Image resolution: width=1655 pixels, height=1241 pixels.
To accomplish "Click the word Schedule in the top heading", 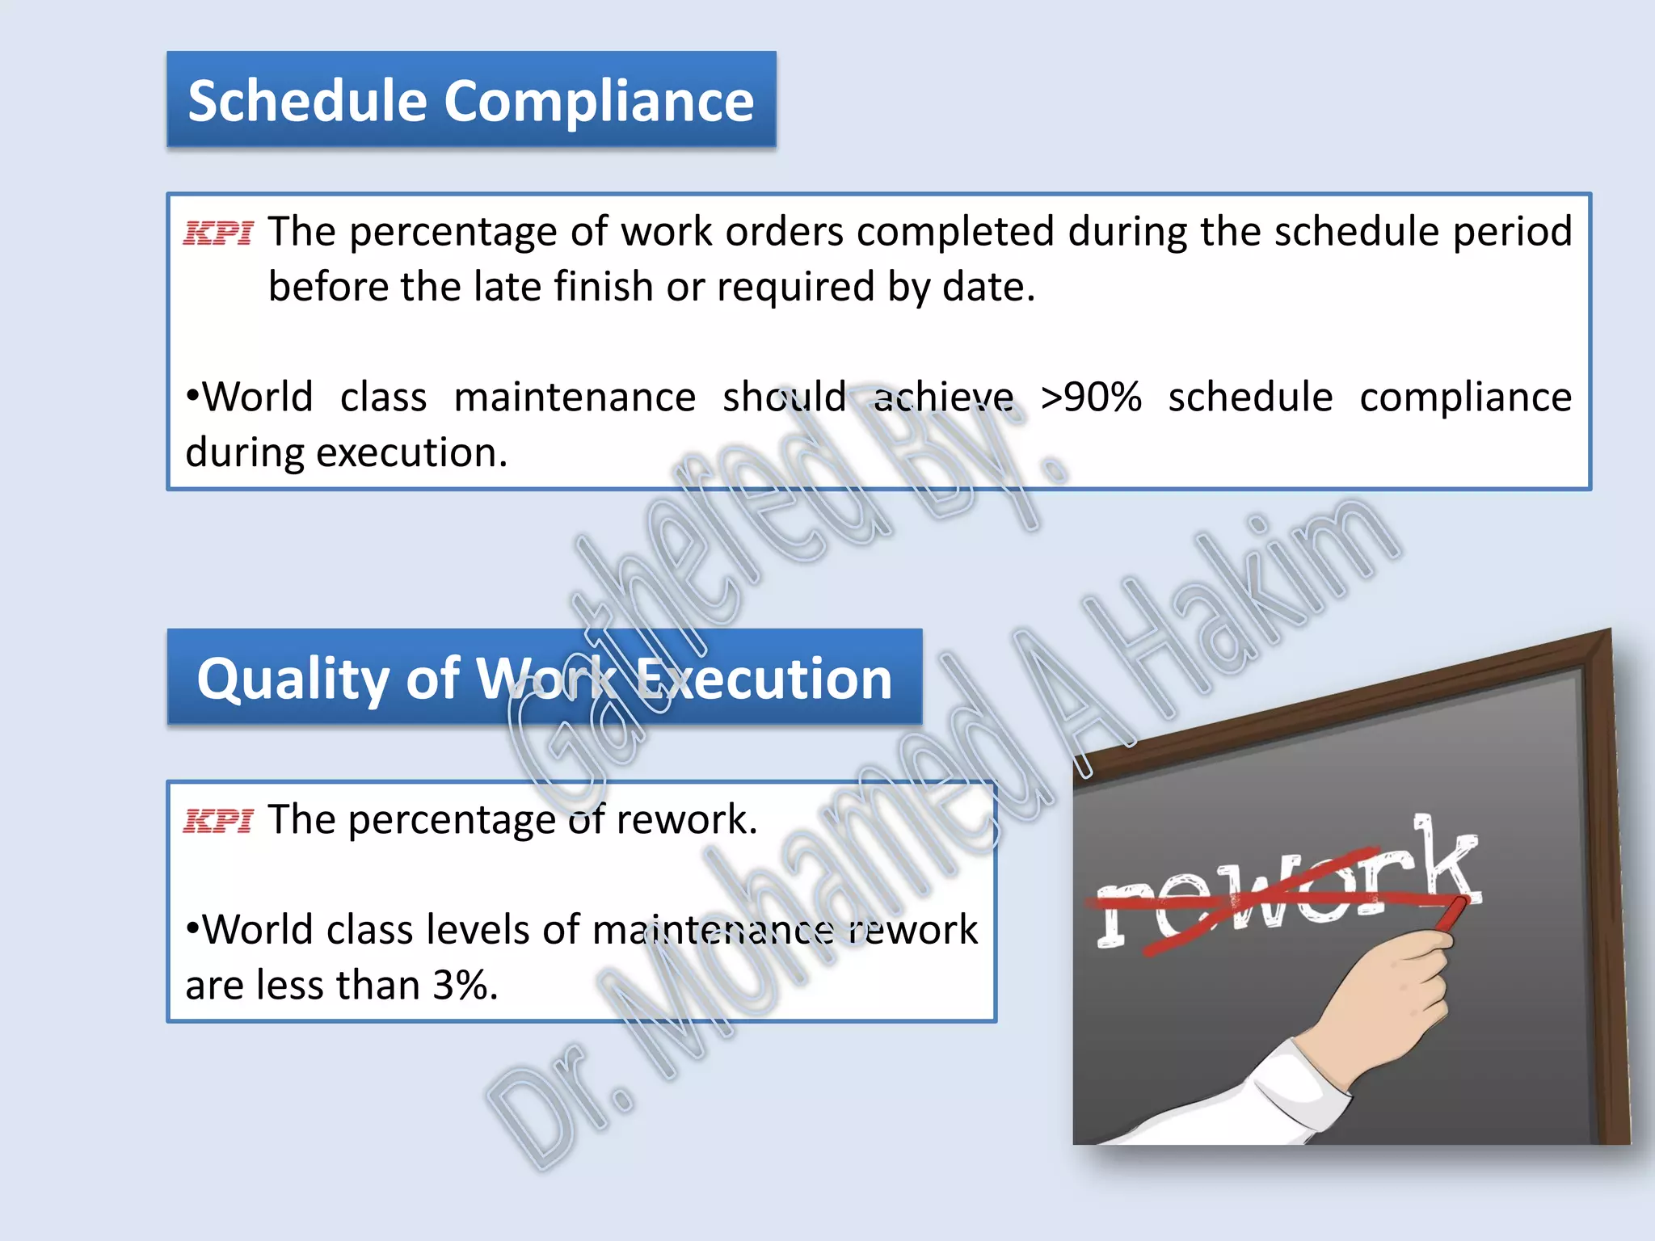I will (307, 101).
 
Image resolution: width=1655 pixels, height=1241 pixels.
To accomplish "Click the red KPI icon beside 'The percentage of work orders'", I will (218, 233).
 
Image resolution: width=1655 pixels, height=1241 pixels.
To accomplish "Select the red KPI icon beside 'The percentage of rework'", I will (218, 821).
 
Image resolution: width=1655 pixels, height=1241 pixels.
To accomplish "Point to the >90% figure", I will (1091, 398).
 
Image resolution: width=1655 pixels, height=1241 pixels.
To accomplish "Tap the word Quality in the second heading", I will (294, 679).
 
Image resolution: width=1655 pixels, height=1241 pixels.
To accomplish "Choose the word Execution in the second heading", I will (764, 678).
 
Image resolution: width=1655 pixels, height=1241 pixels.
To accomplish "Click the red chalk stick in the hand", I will (1451, 917).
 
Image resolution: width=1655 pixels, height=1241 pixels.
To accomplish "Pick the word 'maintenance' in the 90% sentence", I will (575, 398).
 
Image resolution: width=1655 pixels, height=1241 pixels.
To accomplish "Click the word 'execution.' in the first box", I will (412, 452).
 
